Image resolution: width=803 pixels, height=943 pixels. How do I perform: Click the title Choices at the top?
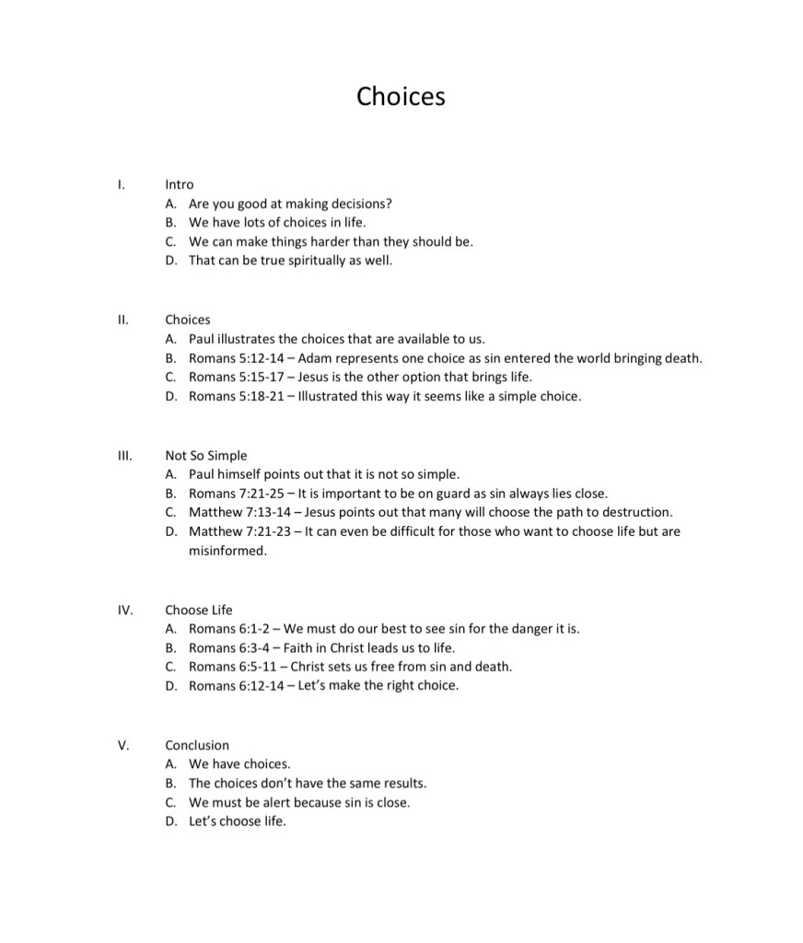click(x=401, y=96)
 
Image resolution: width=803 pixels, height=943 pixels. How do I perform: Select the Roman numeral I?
click(x=121, y=184)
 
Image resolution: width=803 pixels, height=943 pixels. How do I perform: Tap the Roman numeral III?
click(x=124, y=455)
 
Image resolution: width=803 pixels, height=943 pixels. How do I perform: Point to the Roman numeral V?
click(x=123, y=745)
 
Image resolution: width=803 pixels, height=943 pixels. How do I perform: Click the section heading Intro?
click(x=179, y=184)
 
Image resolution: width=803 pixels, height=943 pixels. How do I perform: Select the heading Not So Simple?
click(x=206, y=455)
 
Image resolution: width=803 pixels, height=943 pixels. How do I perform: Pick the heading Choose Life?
click(x=199, y=610)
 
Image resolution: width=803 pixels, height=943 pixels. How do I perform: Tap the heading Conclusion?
click(x=197, y=745)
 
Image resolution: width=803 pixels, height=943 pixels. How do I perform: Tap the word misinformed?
click(x=227, y=551)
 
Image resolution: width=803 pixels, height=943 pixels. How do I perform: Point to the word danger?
click(x=523, y=629)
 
